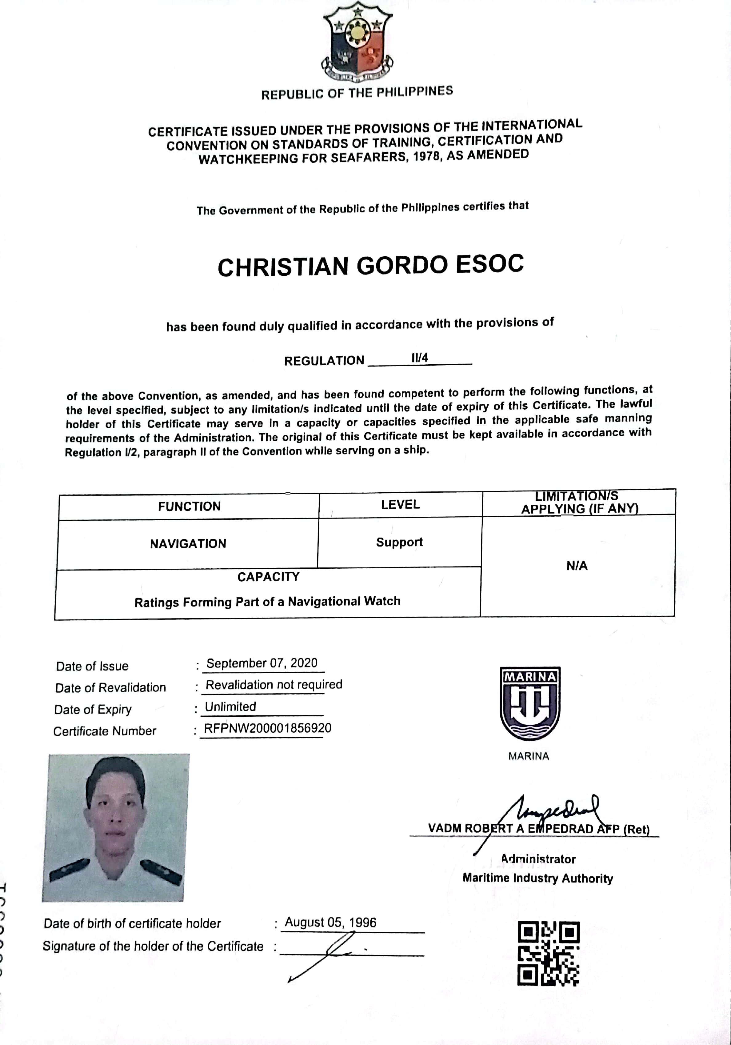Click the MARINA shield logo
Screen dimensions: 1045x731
pos(530,703)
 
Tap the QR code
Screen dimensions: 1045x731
pos(549,954)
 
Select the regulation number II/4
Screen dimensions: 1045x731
pos(420,358)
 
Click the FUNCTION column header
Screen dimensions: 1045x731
pos(189,506)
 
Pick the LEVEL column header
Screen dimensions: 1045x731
pos(400,504)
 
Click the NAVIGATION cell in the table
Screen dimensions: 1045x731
pos(188,543)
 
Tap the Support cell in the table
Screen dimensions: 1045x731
pos(399,542)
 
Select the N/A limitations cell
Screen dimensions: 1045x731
pos(577,566)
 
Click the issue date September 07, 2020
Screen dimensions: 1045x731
pos(262,663)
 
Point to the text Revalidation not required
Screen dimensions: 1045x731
pos(274,685)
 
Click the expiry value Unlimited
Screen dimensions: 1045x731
pos(230,707)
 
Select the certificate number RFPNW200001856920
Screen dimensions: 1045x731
pos(268,728)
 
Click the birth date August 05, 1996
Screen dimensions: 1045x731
pos(330,923)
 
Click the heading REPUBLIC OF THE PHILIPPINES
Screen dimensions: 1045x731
pos(357,93)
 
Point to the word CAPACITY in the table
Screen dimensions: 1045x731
pos(269,577)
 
